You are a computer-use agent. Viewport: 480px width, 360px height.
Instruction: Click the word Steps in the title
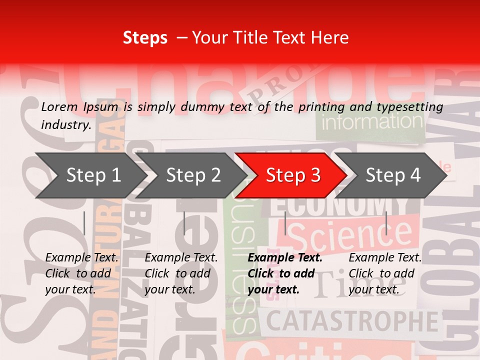click(x=145, y=37)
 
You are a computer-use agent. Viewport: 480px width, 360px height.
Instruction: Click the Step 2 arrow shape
click(x=190, y=175)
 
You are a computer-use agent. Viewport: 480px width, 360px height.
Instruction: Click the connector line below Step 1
click(x=84, y=223)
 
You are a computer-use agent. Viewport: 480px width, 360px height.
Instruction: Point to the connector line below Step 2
click(x=184, y=223)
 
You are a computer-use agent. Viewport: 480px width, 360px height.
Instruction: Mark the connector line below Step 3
click(x=285, y=223)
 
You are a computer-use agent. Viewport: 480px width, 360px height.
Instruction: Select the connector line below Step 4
click(x=386, y=223)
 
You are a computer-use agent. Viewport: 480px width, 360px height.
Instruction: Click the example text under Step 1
click(x=81, y=273)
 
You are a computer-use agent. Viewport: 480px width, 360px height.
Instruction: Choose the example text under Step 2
click(x=181, y=273)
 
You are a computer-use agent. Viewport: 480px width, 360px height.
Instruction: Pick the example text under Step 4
click(x=385, y=273)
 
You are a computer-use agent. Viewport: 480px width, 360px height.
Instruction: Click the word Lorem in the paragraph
click(x=59, y=106)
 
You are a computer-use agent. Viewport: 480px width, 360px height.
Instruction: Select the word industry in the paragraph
click(x=65, y=125)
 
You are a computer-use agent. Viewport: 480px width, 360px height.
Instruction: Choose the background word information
click(x=372, y=121)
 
